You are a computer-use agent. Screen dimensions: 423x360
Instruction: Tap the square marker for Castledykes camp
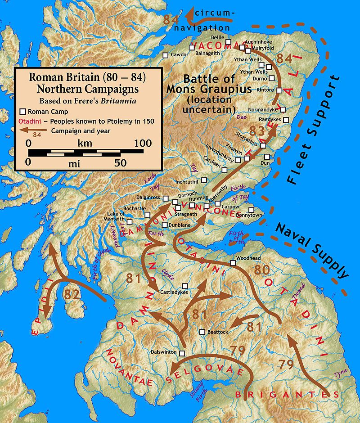point(184,286)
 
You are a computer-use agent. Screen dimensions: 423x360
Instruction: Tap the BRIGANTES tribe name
point(287,395)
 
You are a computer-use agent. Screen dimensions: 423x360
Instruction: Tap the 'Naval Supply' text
point(312,250)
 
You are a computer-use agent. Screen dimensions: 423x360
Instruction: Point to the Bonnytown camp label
point(250,216)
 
